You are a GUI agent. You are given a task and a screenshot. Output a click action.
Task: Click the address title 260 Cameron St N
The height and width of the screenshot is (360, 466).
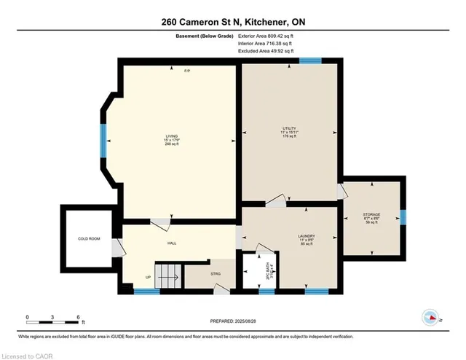232,22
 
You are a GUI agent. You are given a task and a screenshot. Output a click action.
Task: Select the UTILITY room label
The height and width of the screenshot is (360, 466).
290,132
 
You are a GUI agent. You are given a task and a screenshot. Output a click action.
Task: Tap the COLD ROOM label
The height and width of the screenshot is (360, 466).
88,238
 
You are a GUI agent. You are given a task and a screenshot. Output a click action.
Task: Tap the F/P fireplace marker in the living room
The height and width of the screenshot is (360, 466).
187,71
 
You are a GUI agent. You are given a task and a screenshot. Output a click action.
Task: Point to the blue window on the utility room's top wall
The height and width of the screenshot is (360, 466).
311,60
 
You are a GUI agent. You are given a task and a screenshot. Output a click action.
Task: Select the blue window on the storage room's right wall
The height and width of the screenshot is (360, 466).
403,216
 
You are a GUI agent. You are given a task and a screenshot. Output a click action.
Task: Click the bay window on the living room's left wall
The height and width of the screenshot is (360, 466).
104,137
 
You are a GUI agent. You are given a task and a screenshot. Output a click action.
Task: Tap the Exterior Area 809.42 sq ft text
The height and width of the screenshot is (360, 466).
266,34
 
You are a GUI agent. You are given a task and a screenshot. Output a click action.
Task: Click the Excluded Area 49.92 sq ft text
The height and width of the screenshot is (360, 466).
266,52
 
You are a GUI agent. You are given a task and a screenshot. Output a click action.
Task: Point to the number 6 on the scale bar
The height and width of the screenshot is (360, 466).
77,318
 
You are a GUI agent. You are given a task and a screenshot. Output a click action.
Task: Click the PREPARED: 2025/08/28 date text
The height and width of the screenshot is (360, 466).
232,321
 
